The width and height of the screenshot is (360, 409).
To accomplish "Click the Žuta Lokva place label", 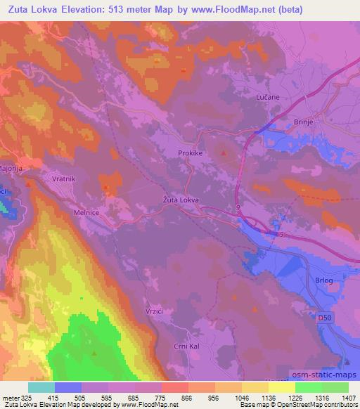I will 176,200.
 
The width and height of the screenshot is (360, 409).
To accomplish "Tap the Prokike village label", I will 191,152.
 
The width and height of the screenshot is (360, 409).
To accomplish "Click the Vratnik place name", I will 64,179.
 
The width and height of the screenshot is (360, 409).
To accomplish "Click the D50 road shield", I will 323,318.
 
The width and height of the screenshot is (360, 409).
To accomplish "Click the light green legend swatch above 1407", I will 335,387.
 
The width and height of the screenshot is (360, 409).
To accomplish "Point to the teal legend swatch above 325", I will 41,387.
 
